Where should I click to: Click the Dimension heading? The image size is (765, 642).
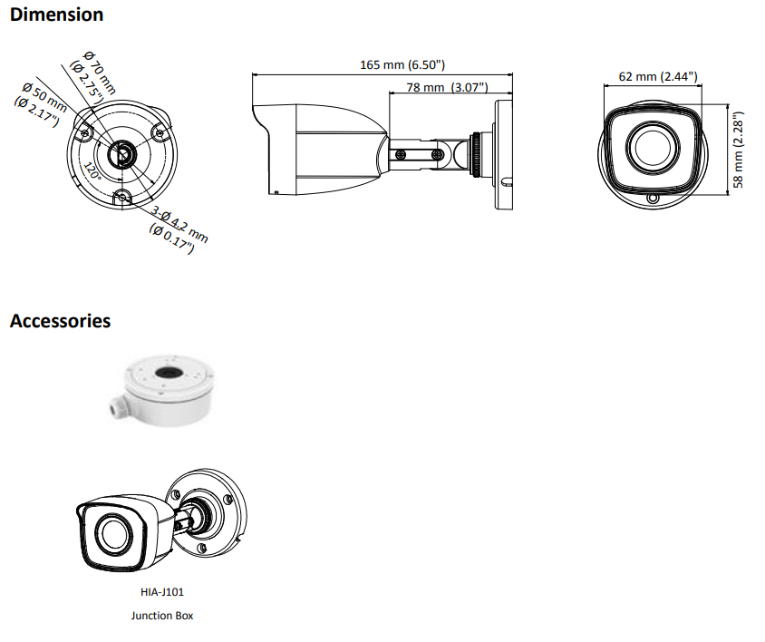(x=56, y=15)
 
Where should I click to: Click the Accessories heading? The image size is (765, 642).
(x=61, y=321)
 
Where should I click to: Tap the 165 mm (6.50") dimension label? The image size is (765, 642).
(x=402, y=64)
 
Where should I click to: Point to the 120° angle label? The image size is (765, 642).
(x=92, y=170)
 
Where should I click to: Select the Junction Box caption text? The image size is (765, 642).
(x=163, y=616)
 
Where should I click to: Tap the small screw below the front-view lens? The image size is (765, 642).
(x=651, y=198)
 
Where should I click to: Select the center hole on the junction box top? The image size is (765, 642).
(x=167, y=372)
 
